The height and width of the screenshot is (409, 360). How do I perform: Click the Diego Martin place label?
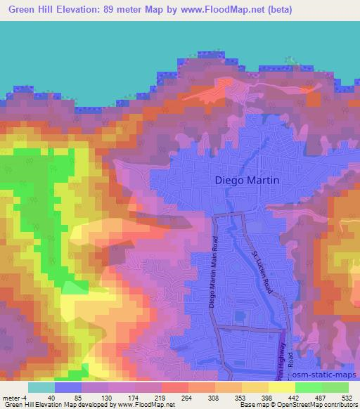tap(246, 180)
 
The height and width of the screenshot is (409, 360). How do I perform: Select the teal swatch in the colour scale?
tap(41, 387)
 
